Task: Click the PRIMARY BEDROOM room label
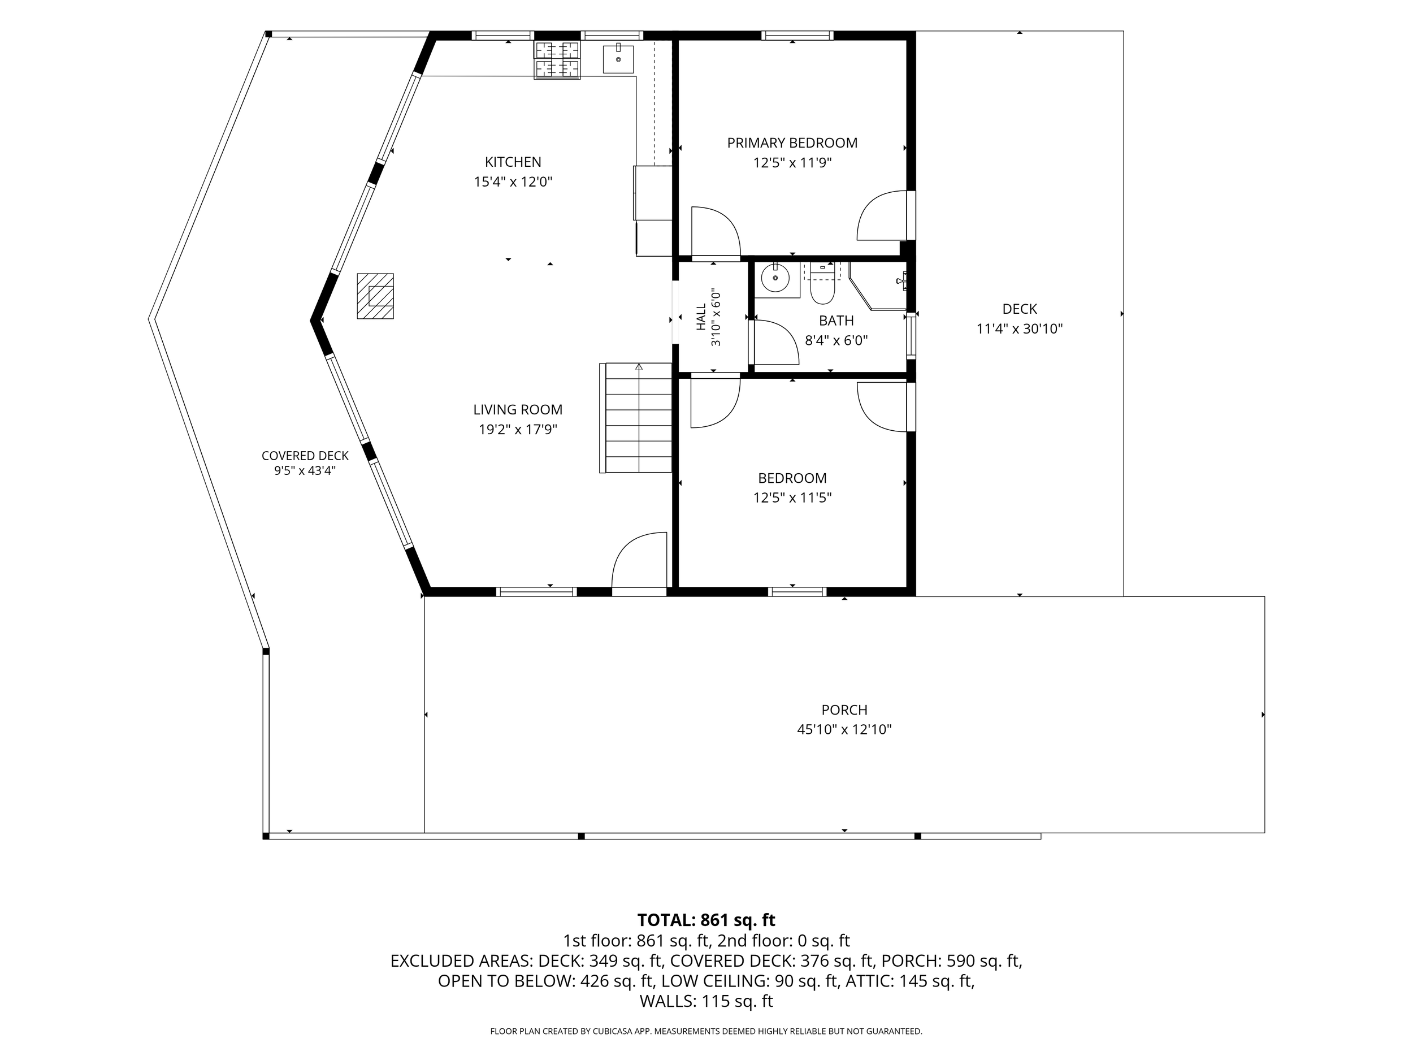tap(792, 143)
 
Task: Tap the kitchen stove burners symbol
tap(558, 60)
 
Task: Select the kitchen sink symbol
tap(618, 59)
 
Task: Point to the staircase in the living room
tap(636, 418)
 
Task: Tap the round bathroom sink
tap(775, 279)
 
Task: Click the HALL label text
tap(701, 318)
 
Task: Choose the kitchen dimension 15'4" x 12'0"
tap(513, 182)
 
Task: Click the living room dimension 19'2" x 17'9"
tap(518, 429)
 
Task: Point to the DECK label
tap(1020, 309)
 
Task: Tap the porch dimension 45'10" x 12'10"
tap(844, 730)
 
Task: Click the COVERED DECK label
tap(305, 456)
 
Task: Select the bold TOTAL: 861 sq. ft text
tap(706, 920)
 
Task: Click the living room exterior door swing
tap(639, 560)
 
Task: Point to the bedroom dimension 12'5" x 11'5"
tap(792, 497)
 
